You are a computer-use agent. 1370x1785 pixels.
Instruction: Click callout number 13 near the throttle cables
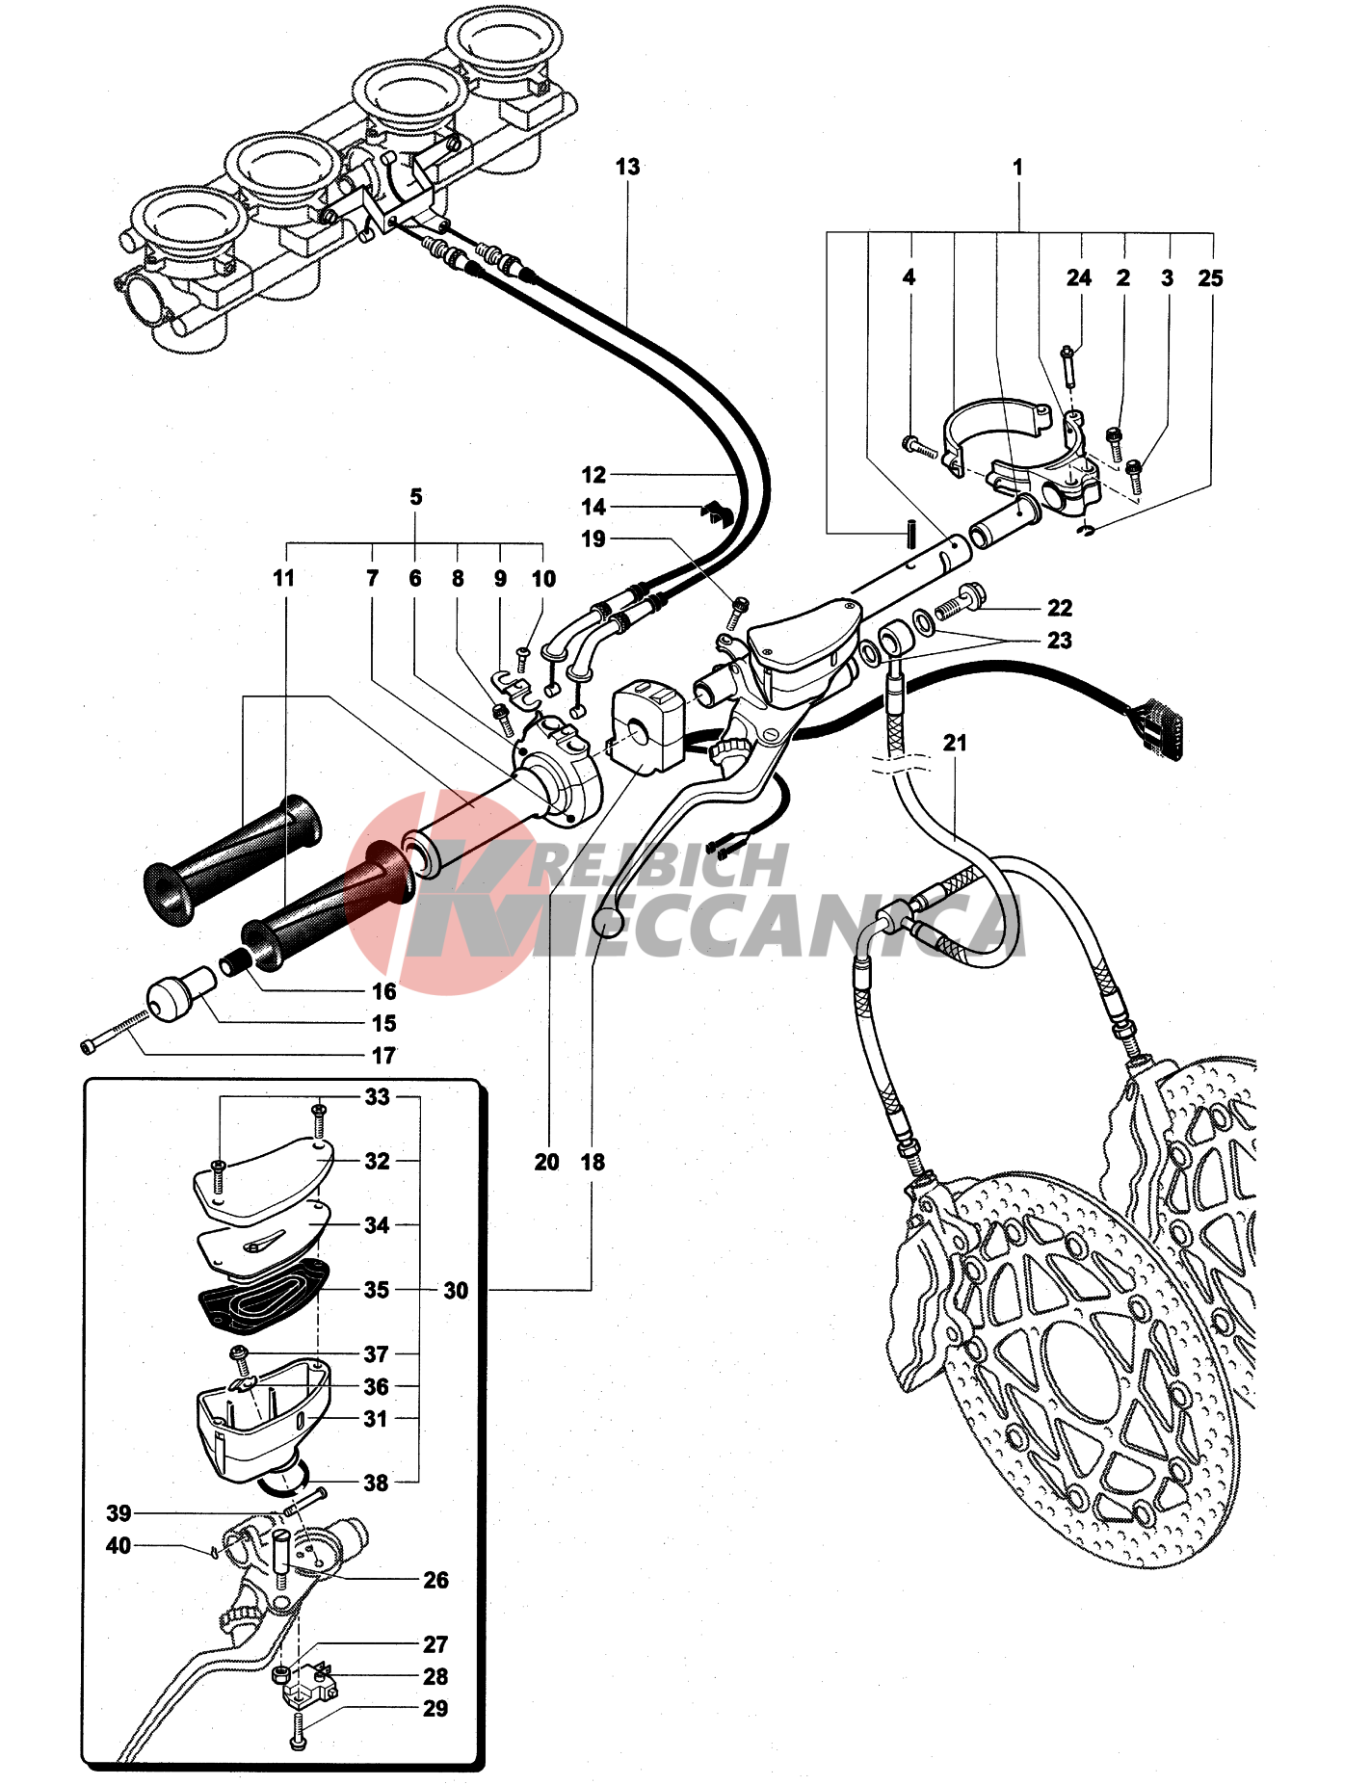627,167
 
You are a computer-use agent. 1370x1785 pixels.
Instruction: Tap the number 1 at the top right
1017,167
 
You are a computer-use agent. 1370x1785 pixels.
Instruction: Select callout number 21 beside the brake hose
955,743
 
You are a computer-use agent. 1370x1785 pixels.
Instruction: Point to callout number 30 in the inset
456,1290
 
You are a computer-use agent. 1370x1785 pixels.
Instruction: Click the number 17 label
383,1056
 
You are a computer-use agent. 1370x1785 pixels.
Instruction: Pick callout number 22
1060,608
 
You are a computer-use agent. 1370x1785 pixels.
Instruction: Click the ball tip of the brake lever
605,924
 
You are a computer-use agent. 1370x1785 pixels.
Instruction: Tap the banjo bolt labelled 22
961,603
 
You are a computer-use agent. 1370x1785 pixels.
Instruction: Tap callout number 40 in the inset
119,1545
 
